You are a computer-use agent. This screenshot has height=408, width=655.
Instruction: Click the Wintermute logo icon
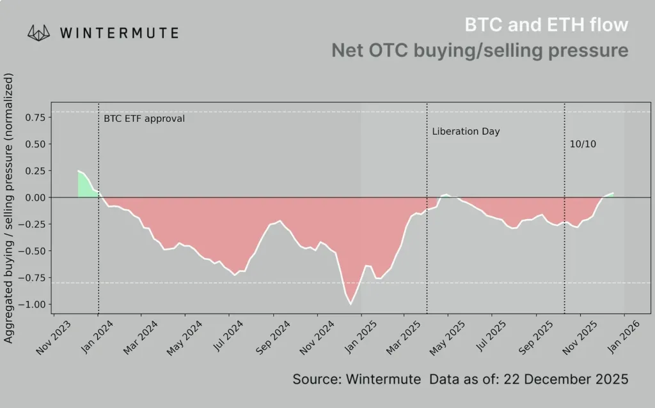(x=39, y=33)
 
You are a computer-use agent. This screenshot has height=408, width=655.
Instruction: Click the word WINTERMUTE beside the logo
(x=119, y=33)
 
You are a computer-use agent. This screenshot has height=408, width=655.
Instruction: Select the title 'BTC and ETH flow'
(x=546, y=25)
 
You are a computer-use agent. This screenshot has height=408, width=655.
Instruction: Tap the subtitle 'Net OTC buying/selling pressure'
(x=480, y=50)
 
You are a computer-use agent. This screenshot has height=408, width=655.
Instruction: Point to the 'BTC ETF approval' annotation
(x=144, y=118)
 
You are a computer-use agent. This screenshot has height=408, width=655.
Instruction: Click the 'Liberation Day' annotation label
(x=466, y=132)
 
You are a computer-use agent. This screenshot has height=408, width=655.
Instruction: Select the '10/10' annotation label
(x=583, y=144)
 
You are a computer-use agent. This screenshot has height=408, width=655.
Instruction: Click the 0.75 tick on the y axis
(x=35, y=117)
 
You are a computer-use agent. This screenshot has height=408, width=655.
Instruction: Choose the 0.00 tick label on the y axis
(x=35, y=197)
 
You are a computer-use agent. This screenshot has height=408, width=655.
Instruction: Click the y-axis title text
(x=9, y=210)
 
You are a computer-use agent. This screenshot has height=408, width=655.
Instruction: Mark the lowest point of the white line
(x=351, y=304)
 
